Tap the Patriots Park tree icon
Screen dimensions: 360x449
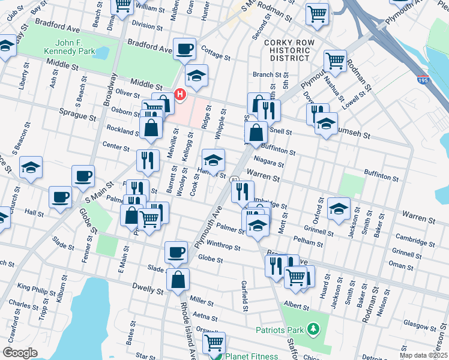click(x=312, y=329)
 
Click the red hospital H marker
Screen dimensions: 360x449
click(x=179, y=95)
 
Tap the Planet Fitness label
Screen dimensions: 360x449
click(x=252, y=356)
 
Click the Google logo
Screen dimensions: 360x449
click(x=20, y=353)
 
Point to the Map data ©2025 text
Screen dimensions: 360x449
click(x=424, y=355)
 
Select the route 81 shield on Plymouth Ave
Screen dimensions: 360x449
click(x=235, y=179)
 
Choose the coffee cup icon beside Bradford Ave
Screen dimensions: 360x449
click(x=184, y=48)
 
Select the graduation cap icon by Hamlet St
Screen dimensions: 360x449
click(x=212, y=160)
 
